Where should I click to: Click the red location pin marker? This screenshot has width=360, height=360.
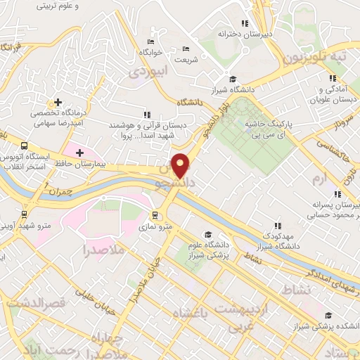pos(181,165)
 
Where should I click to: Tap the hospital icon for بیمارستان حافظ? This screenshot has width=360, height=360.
pos(79,153)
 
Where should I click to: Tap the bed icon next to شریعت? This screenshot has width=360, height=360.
pos(186,49)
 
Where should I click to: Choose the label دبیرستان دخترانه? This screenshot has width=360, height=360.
pos(244,33)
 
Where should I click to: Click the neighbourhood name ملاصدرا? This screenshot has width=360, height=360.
pos(103,250)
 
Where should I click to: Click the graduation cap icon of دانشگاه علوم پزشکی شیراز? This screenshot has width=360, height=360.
pos(207,234)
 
